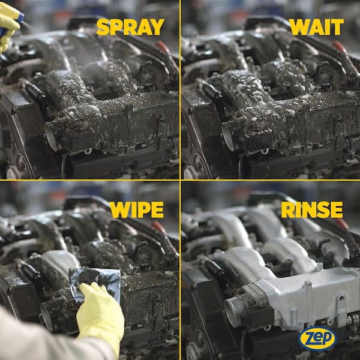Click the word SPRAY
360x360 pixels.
(130, 27)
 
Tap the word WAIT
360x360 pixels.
(316, 27)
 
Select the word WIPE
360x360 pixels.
(137, 209)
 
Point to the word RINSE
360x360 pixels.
(312, 209)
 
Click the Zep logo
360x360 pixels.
(317, 338)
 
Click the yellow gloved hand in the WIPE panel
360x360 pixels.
(101, 314)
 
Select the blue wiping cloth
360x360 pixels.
(97, 284)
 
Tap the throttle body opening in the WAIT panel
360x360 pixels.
(228, 137)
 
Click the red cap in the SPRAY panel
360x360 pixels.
(163, 47)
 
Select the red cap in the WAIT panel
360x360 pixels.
(340, 47)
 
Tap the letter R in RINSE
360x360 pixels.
(288, 209)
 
